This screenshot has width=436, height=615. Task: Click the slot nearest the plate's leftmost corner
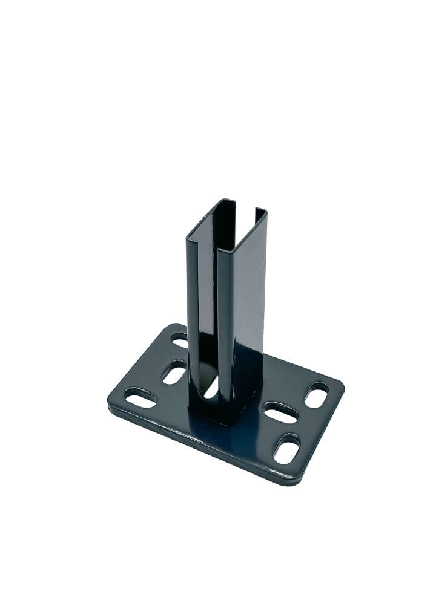[x=140, y=397]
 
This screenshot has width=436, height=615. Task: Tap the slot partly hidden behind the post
[x=179, y=339]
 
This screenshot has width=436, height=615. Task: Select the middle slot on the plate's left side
[x=174, y=372]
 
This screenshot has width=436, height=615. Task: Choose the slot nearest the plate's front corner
[x=286, y=449]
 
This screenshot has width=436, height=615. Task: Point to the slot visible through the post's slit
[x=211, y=388]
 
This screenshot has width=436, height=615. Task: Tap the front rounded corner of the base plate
[x=292, y=481]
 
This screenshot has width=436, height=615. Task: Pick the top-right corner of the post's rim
[x=265, y=212]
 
